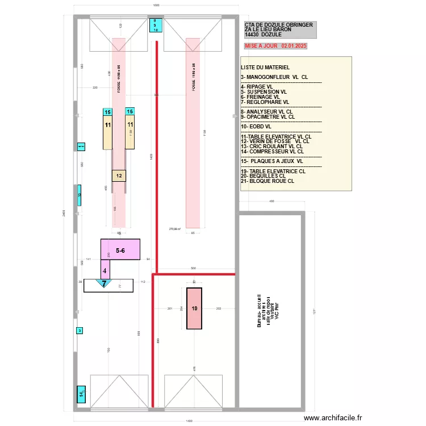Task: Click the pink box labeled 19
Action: [194, 308]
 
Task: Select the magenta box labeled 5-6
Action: [120, 249]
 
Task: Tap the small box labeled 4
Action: [105, 270]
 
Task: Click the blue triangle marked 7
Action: [104, 282]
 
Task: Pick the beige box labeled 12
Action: [119, 176]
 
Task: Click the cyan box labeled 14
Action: [81, 394]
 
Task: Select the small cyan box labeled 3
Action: [80, 331]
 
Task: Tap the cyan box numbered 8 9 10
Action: [156, 26]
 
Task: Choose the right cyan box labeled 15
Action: [130, 112]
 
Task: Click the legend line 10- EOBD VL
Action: [256, 126]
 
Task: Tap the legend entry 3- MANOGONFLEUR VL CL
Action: [274, 77]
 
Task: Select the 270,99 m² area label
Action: [175, 229]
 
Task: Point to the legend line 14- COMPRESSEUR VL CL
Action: [272, 152]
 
